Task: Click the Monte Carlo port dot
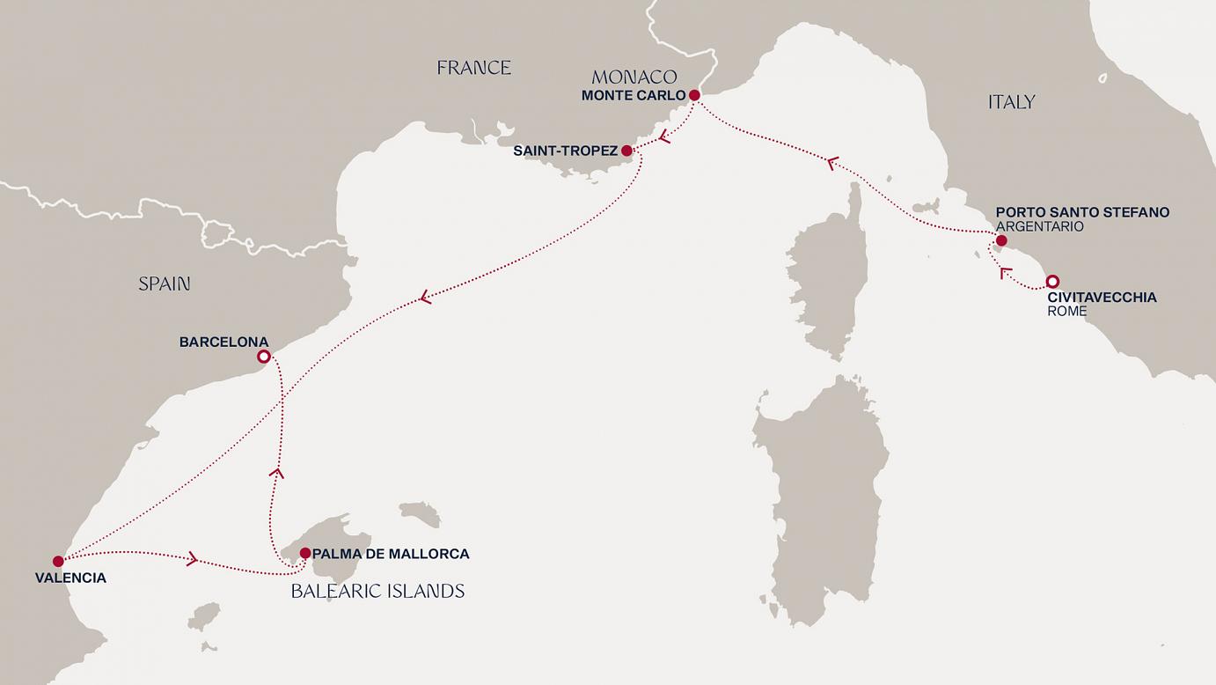tap(694, 95)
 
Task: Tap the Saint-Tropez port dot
tap(626, 151)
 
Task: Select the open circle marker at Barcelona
tap(263, 357)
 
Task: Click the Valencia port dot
tap(58, 561)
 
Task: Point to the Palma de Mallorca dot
tap(304, 554)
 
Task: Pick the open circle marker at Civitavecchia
tap(1051, 283)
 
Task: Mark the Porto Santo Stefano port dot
tap(1000, 240)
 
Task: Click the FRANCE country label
tap(473, 68)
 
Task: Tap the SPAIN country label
tap(165, 284)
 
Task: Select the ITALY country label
tap(1011, 102)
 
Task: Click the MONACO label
tap(634, 77)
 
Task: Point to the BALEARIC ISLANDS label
tap(377, 592)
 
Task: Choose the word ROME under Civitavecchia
tap(1066, 312)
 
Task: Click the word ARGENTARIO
tap(1039, 226)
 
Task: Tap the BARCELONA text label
tap(223, 342)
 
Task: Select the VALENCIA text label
tap(70, 578)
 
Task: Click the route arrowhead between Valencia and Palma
tap(192, 558)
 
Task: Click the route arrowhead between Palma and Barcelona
tap(276, 474)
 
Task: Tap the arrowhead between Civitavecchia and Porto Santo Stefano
tap(1006, 273)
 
